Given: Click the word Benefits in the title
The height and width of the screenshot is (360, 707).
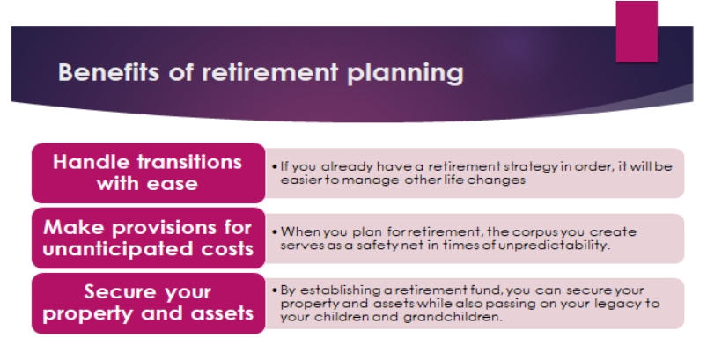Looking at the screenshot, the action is (x=108, y=72).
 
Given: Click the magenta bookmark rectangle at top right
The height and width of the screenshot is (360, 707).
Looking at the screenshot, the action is (x=637, y=32).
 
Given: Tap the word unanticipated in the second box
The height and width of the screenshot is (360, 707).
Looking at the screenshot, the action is (x=118, y=249).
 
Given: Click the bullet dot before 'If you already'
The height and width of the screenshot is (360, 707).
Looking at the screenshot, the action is (x=275, y=166).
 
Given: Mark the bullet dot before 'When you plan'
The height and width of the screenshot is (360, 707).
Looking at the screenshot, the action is (x=275, y=232).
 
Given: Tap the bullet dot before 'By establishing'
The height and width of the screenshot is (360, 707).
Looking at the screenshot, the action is (x=275, y=290).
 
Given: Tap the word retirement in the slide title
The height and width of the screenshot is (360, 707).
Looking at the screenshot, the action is (x=269, y=72).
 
